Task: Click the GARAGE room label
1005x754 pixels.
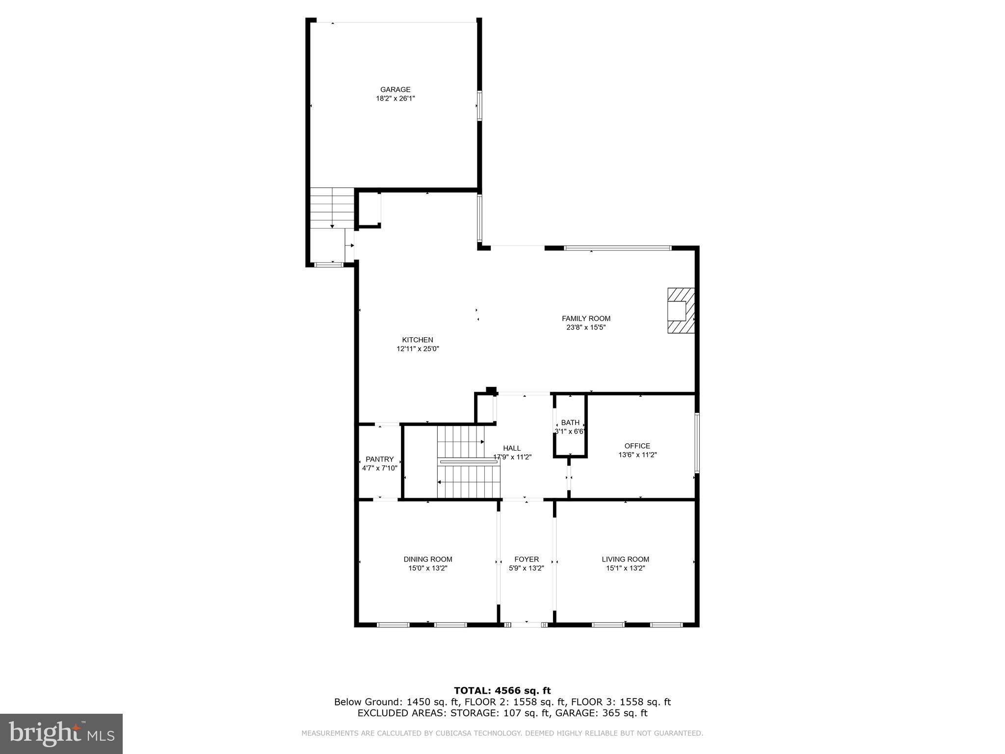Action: (395, 89)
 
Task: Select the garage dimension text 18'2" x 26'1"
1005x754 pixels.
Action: (395, 98)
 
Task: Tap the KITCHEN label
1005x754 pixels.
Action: (418, 340)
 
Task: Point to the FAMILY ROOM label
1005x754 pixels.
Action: (586, 319)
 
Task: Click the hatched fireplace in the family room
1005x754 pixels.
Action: (681, 311)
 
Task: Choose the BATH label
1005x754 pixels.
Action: (570, 423)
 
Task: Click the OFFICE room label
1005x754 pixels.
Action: (637, 446)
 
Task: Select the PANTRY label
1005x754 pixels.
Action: (379, 459)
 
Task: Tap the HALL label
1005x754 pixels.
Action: (512, 448)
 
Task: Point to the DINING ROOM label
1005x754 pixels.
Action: (428, 559)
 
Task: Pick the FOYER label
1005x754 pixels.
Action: (527, 559)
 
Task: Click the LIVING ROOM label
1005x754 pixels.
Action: (625, 559)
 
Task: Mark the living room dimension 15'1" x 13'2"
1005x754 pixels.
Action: (625, 568)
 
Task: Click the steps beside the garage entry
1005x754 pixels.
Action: (332, 208)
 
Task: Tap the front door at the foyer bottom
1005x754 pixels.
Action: (526, 625)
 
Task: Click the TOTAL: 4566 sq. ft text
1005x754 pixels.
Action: (502, 691)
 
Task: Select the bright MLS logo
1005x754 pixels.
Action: (61, 734)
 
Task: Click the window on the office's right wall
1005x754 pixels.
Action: (697, 443)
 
